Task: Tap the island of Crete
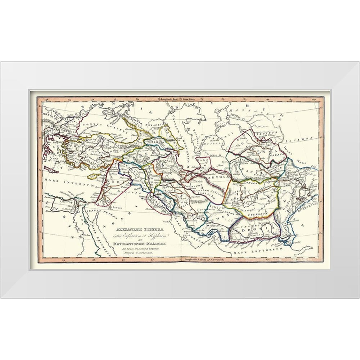(x=53, y=169)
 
